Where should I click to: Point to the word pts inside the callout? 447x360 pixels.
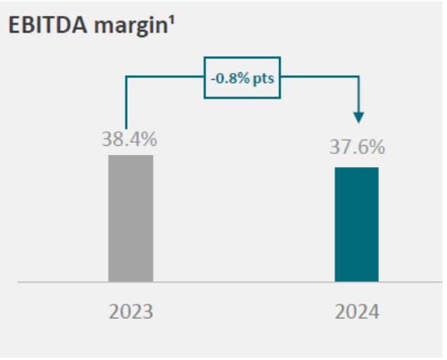tap(264, 77)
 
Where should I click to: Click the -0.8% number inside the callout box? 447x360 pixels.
tap(228, 77)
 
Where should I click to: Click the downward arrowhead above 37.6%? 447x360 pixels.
tap(359, 117)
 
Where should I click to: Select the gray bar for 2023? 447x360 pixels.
tap(131, 218)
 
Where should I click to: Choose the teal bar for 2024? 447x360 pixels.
tap(357, 224)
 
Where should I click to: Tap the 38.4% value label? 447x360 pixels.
tap(130, 141)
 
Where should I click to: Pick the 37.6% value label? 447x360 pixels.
tap(357, 147)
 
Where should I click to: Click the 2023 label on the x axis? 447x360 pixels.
tap(130, 312)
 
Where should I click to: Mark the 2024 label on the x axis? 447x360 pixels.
tap(357, 312)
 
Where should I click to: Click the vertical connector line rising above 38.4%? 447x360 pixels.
tap(126, 103)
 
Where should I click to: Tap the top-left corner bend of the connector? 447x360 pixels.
tap(126, 76)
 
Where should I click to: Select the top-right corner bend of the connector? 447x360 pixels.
tap(359, 76)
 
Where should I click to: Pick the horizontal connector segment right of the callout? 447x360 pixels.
tap(319, 76)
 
